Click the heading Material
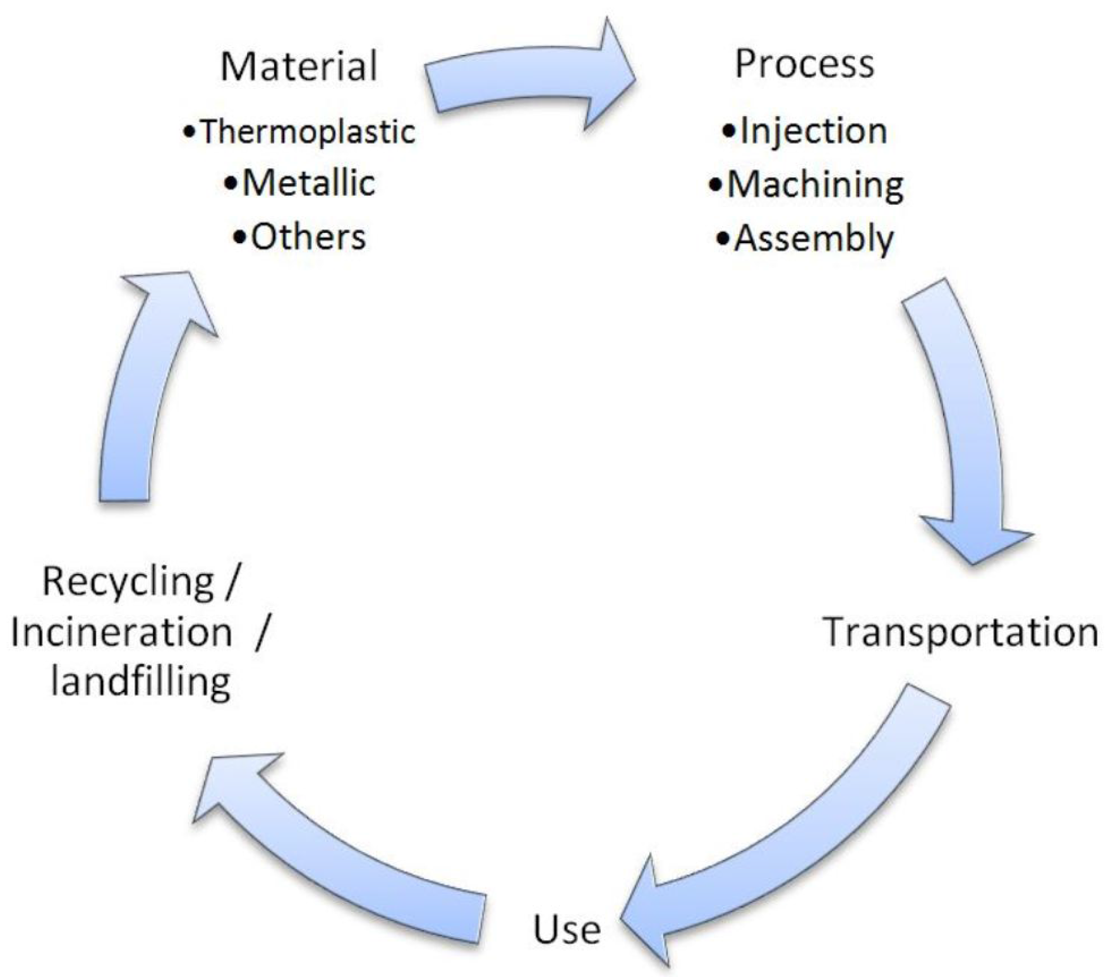pyautogui.click(x=299, y=66)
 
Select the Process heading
pyautogui.click(x=804, y=64)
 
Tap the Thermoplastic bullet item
pyautogui.click(x=307, y=132)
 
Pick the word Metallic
pyautogui.click(x=309, y=183)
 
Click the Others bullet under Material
pyautogui.click(x=308, y=237)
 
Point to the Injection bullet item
pyautogui.click(x=813, y=131)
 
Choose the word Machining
pyautogui.click(x=815, y=185)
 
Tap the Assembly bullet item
pyautogui.click(x=814, y=239)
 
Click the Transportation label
pyautogui.click(x=960, y=632)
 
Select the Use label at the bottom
pyautogui.click(x=567, y=930)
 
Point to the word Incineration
pyautogui.click(x=121, y=632)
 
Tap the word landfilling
pyautogui.click(x=140, y=682)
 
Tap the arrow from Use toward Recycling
pyautogui.click(x=341, y=846)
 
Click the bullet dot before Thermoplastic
pyautogui.click(x=188, y=133)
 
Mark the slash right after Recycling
pyautogui.click(x=231, y=582)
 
